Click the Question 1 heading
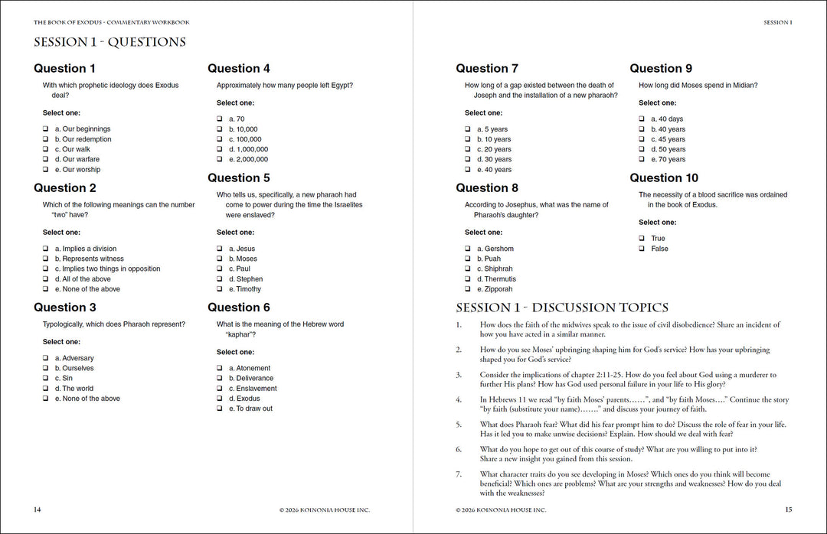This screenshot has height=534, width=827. click(65, 68)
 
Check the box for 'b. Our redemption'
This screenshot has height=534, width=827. click(46, 139)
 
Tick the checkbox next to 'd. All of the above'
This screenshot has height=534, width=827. click(46, 279)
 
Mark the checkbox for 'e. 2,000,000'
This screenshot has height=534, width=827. click(220, 159)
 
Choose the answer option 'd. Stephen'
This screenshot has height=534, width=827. click(245, 279)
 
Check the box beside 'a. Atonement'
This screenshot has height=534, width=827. click(220, 368)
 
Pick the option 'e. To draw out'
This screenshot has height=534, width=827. click(250, 409)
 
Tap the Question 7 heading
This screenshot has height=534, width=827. click(487, 68)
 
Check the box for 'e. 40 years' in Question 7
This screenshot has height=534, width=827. click(468, 170)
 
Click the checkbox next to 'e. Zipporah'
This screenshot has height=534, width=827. click(468, 289)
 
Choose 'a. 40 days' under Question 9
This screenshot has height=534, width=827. click(667, 119)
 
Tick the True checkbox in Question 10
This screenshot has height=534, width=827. click(642, 239)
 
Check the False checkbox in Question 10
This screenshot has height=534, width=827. click(642, 249)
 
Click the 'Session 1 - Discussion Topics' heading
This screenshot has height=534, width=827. click(562, 308)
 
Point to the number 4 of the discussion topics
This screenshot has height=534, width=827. click(459, 399)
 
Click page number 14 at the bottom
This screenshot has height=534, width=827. click(38, 510)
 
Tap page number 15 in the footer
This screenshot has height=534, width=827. click(789, 510)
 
